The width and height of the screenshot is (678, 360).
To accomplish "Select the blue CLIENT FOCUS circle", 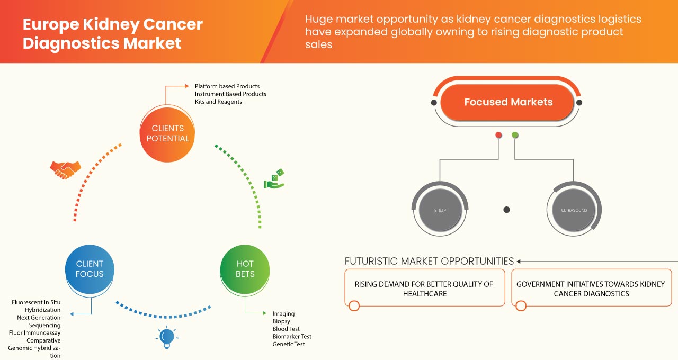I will (90, 269).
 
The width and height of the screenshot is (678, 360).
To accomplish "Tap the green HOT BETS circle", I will (245, 269).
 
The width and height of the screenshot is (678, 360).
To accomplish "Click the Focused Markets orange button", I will (508, 102).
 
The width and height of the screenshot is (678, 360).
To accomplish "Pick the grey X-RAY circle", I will (440, 210).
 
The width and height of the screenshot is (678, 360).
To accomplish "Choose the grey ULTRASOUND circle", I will (574, 210).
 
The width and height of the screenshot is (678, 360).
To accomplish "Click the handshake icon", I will (65, 169).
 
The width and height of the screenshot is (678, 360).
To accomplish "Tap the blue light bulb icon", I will (167, 337).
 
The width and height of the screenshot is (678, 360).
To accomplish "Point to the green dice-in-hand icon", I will (274, 179).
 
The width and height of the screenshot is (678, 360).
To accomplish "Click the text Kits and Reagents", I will (218, 102).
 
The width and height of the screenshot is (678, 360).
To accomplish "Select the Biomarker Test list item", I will (292, 337).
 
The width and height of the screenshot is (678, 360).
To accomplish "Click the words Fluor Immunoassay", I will (34, 333).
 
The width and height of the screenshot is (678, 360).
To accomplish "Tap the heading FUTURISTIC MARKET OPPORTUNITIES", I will (429, 261).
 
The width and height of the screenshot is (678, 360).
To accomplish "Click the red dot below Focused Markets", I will (498, 136).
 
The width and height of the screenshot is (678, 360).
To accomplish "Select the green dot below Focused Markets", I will (515, 136).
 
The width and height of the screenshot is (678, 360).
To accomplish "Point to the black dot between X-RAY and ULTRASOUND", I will (506, 210).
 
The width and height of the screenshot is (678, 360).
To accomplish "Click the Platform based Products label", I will (227, 86).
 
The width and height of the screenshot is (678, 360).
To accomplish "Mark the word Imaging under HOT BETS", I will (283, 314).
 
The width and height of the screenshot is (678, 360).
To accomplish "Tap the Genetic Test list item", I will (289, 344).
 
